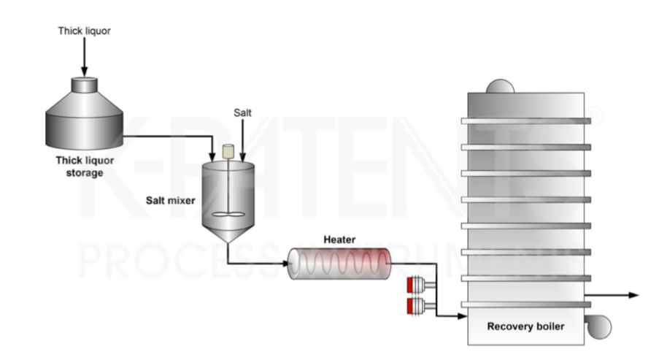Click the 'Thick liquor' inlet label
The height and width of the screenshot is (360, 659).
pyautogui.click(x=83, y=31)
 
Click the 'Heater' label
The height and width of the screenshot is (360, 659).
pyautogui.click(x=339, y=240)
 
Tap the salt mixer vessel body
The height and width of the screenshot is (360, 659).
pyautogui.click(x=228, y=194)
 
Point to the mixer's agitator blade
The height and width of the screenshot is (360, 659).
pyautogui.click(x=228, y=216)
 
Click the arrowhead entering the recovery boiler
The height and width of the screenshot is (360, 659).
pyautogui.click(x=461, y=316)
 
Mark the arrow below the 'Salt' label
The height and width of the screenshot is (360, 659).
pyautogui.click(x=242, y=142)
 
